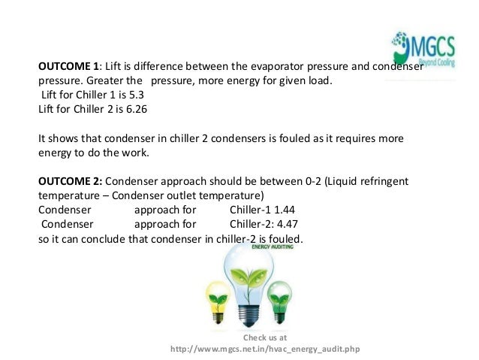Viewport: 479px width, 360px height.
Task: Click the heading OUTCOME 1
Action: point(70,65)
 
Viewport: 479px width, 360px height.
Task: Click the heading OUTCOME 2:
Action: point(70,183)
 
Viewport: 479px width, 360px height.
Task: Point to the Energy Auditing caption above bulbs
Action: point(273,246)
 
